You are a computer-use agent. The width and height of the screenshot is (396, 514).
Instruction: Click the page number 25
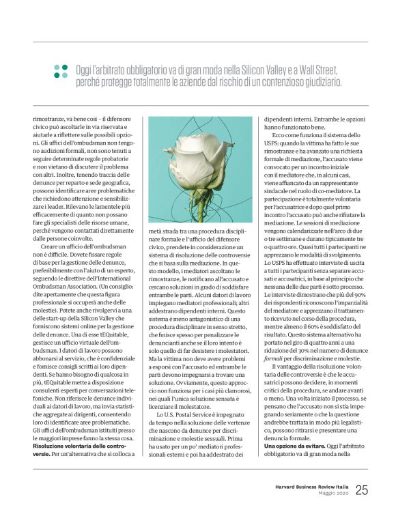tap(361, 489)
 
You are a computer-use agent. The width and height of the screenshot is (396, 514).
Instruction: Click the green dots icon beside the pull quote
tap(61, 70)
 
